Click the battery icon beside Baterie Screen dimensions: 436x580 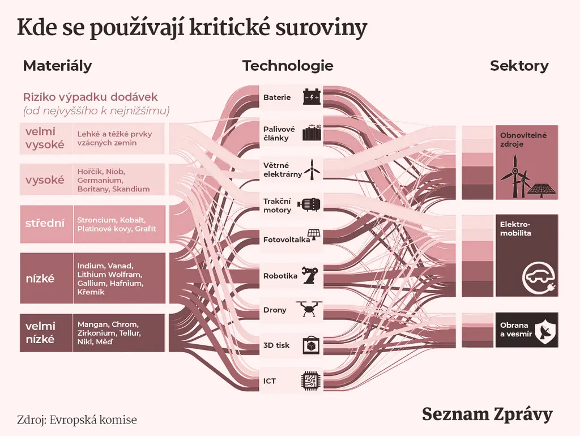click(312, 97)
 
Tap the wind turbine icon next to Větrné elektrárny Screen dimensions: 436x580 click(312, 169)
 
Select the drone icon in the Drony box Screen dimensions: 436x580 click(309, 309)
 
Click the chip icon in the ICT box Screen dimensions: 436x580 click(310, 381)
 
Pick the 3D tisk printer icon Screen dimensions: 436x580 click(311, 345)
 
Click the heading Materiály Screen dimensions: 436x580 click(57, 66)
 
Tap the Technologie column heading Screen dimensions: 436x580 click(288, 66)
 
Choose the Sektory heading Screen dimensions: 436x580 click(519, 66)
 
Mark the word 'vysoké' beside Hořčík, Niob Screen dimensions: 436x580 click(45, 180)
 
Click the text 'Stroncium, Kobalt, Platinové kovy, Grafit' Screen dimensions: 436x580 click(117, 224)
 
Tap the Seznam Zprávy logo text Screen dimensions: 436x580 click(487, 414)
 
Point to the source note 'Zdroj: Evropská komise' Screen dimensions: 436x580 click(77, 420)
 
